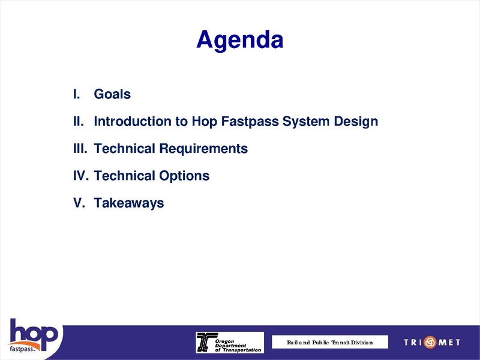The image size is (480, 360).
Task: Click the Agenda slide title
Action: point(239,40)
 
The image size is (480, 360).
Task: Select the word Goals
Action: point(112,94)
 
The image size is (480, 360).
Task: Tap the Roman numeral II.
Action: point(77,122)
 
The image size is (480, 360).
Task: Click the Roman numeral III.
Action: point(79,149)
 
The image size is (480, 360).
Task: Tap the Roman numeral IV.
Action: point(80,176)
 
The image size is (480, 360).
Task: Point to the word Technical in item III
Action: point(125,149)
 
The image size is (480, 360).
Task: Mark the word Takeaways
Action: point(129,203)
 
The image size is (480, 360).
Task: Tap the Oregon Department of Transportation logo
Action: point(230,342)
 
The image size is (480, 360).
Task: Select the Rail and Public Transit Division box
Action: point(329,342)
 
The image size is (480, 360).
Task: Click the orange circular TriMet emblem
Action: point(430,342)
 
